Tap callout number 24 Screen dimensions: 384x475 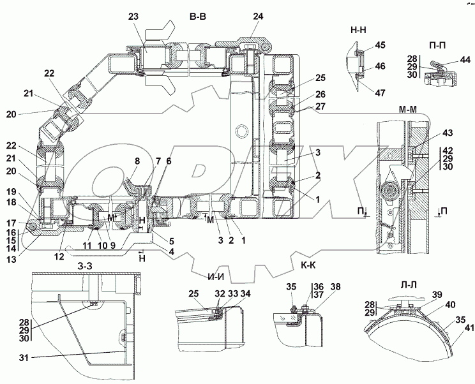tap(257, 17)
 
